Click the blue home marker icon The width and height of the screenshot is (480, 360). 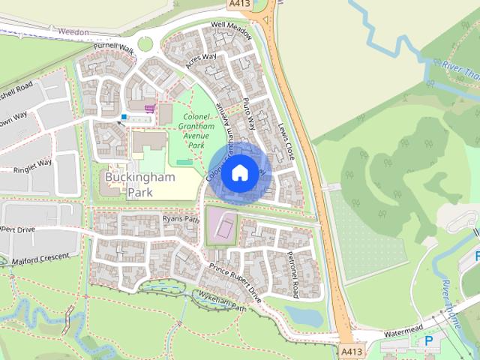tap(238, 172)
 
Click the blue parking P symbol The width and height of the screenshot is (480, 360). tap(429, 340)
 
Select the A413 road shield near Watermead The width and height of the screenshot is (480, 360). tap(351, 351)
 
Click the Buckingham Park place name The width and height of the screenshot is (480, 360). tap(139, 184)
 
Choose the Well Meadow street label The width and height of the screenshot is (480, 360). tap(231, 25)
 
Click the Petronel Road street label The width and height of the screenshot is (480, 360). tap(292, 273)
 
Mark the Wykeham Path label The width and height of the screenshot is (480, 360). tap(222, 302)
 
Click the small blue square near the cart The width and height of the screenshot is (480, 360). tap(124, 117)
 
